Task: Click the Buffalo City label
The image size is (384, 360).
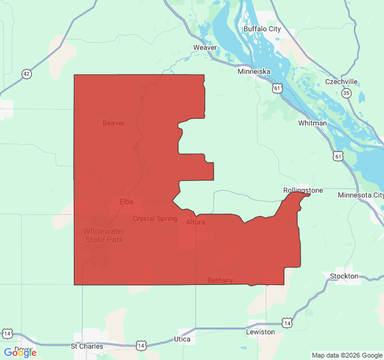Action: coord(262,29)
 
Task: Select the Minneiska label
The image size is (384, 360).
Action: coord(254,71)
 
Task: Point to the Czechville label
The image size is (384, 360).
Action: coord(341,82)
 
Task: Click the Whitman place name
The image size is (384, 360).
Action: coord(313,123)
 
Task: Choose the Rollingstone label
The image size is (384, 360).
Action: coord(303,190)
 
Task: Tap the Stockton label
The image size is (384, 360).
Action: coord(344,276)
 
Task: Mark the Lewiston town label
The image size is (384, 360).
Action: coord(260,332)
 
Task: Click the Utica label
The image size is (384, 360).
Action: coord(182,340)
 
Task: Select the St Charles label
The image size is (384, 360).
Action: coord(87,346)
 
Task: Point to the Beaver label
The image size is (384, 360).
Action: coord(113,123)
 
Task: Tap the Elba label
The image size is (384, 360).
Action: coord(126,202)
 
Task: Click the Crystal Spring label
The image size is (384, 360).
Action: coord(155,218)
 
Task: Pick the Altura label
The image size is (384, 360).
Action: coord(196,222)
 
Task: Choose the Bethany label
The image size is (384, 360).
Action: coord(220,280)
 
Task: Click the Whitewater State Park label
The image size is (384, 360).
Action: coord(103,235)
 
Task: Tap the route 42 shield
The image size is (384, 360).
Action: coord(26,74)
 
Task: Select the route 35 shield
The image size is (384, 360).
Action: coord(347,93)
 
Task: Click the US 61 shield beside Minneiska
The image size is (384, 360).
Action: coord(276,88)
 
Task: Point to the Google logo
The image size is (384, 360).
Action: coord(20,352)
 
